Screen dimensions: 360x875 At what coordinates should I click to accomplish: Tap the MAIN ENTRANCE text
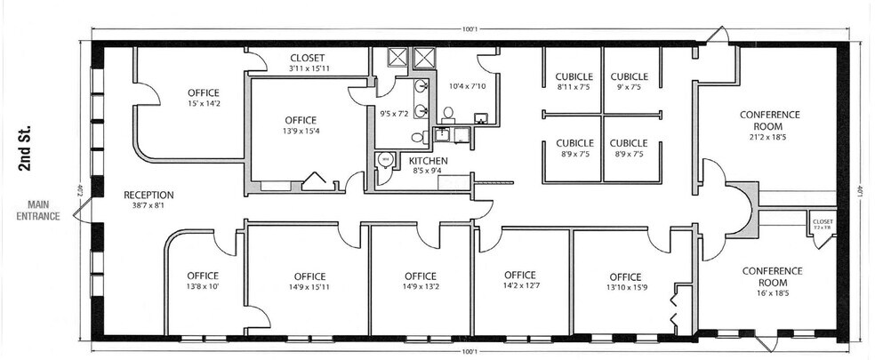(x=36, y=210)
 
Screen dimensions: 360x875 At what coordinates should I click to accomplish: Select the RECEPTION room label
(x=149, y=195)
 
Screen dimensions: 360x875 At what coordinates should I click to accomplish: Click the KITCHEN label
(x=428, y=161)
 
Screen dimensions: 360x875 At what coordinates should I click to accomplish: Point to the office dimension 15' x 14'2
(x=204, y=104)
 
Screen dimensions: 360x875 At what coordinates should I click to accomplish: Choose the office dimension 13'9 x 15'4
(x=301, y=132)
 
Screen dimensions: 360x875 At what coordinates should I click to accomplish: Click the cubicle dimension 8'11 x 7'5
(x=574, y=87)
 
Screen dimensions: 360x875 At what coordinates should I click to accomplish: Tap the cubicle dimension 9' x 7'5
(x=629, y=87)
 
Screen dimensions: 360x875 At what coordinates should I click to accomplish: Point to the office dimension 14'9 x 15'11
(x=309, y=287)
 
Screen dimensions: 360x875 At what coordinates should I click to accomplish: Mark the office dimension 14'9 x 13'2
(x=420, y=287)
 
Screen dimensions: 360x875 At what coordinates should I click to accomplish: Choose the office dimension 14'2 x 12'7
(x=519, y=285)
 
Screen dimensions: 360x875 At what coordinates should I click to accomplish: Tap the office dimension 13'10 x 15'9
(x=623, y=287)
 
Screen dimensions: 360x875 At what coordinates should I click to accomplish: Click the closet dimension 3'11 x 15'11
(x=309, y=68)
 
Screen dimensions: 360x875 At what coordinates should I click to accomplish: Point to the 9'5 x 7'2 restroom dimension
(x=394, y=115)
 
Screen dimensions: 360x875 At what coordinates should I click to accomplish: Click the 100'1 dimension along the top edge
(x=470, y=29)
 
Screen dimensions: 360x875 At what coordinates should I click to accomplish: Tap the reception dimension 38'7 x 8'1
(x=149, y=206)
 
